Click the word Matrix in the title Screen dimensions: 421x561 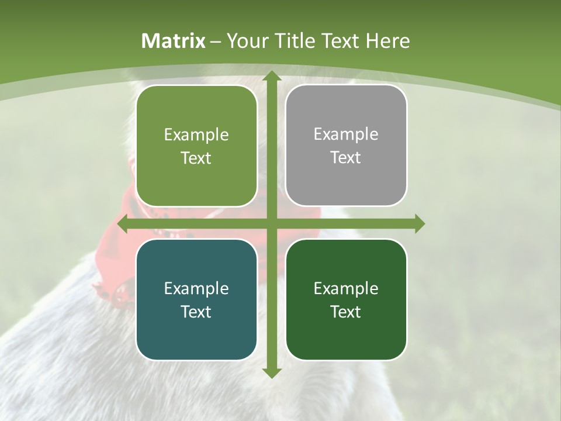point(174,41)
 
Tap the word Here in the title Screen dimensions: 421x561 point(387,41)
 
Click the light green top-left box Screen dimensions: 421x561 point(196,146)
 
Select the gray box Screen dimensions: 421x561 point(346,146)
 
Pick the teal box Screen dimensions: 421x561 point(196,299)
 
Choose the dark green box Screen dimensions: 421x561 point(346,299)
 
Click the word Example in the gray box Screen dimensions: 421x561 point(346,134)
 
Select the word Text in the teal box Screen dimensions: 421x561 point(196,312)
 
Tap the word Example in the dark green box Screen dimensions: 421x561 point(346,288)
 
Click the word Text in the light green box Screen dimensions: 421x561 point(196,158)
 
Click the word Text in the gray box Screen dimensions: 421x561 point(346,158)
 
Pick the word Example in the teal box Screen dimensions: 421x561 point(196,288)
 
